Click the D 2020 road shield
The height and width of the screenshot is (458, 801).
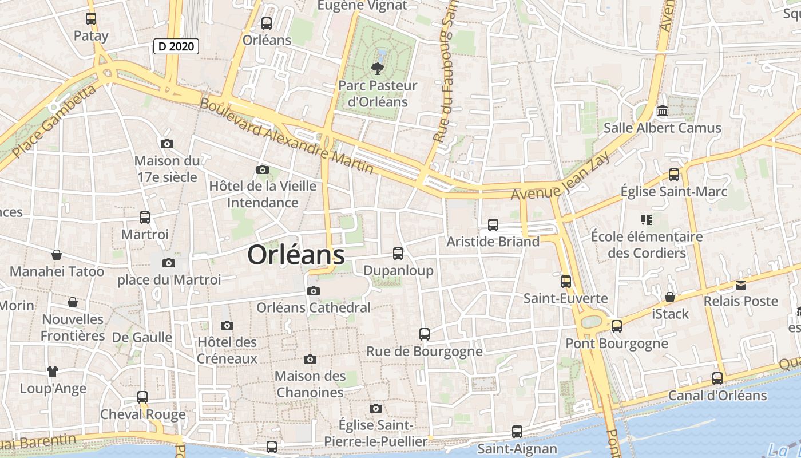(x=176, y=46)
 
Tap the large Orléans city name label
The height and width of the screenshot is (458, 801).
(x=296, y=255)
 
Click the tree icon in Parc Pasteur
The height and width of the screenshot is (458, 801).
(x=377, y=69)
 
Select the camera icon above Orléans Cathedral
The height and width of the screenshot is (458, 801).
(x=313, y=291)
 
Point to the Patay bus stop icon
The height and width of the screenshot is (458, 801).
(x=91, y=19)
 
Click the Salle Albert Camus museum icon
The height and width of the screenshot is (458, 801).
(x=663, y=110)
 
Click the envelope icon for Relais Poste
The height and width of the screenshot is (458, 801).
(x=740, y=285)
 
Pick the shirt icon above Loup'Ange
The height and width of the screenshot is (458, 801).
(x=53, y=372)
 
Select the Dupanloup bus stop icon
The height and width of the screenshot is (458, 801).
(x=398, y=253)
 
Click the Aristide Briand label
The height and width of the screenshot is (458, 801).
(x=493, y=242)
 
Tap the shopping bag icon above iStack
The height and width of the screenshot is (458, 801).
(x=670, y=297)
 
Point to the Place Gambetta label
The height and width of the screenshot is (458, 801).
(x=54, y=123)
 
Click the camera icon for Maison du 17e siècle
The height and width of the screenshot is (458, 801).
(x=167, y=144)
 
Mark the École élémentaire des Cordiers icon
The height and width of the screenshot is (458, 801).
(x=647, y=219)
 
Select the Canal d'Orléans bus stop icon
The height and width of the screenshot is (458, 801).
(x=717, y=378)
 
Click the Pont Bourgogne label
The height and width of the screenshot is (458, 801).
(x=617, y=343)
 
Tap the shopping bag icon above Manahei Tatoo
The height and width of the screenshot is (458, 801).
(x=57, y=254)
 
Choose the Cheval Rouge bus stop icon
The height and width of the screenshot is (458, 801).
(x=142, y=397)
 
